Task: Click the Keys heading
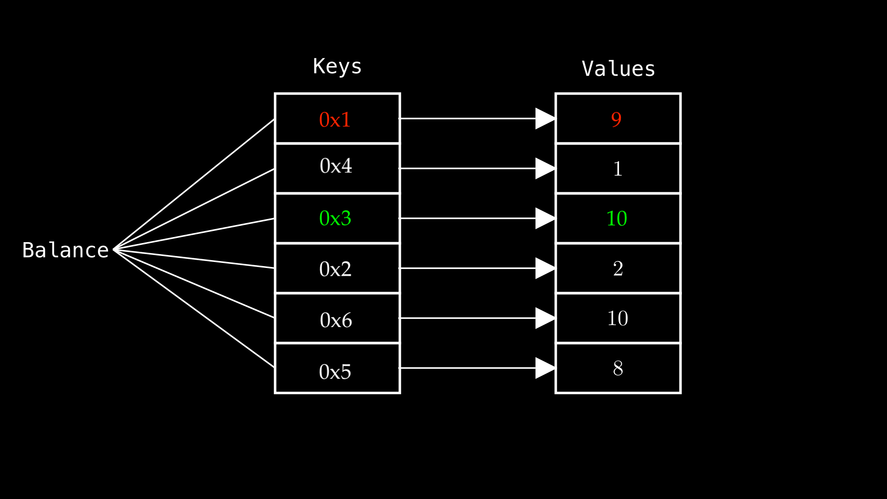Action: (x=337, y=67)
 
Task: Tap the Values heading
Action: (x=618, y=69)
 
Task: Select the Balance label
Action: (x=65, y=250)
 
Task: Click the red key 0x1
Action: (x=335, y=120)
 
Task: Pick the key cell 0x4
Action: (x=336, y=166)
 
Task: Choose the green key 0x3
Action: (x=335, y=219)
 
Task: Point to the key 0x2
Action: (x=335, y=269)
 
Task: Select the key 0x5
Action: (x=335, y=372)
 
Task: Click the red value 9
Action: (x=616, y=120)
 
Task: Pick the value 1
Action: (x=618, y=169)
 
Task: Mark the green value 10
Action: (x=617, y=219)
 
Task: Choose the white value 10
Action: (x=618, y=319)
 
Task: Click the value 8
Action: (x=618, y=369)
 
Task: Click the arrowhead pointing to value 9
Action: (x=544, y=119)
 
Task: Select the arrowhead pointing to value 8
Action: (x=544, y=368)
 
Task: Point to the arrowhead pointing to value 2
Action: (x=544, y=268)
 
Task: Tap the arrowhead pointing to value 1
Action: (x=544, y=169)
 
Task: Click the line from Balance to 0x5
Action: (x=194, y=309)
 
